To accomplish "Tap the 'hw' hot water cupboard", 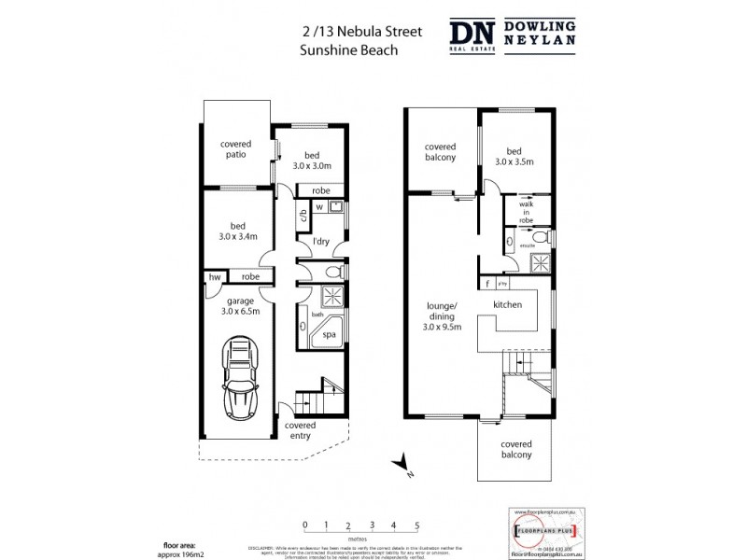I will tap(215, 277).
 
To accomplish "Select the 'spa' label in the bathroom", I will tap(330, 333).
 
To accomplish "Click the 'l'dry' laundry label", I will tap(321, 242).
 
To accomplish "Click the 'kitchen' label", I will tap(507, 305).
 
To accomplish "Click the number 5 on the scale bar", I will tap(416, 525).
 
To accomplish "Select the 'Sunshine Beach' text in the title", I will tap(348, 50).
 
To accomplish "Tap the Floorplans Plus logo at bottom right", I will tap(546, 531).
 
